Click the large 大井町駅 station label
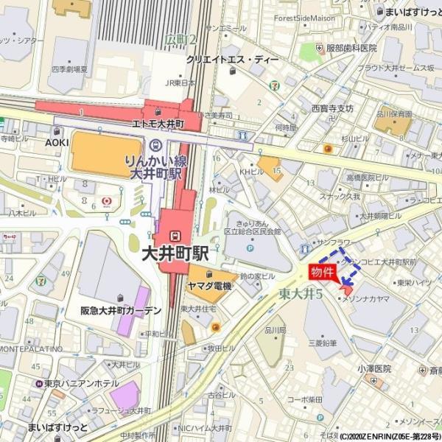click(x=175, y=254)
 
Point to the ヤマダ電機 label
click(x=210, y=286)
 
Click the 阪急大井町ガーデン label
click(x=121, y=311)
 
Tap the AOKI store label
click(x=57, y=142)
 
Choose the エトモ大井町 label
click(x=158, y=124)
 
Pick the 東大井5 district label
click(x=301, y=292)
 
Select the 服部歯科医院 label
click(x=351, y=48)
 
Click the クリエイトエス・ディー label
click(x=231, y=60)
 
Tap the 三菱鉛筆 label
click(x=322, y=343)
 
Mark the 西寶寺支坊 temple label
click(x=332, y=108)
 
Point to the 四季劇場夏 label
click(x=69, y=70)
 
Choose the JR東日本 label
click(x=181, y=82)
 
